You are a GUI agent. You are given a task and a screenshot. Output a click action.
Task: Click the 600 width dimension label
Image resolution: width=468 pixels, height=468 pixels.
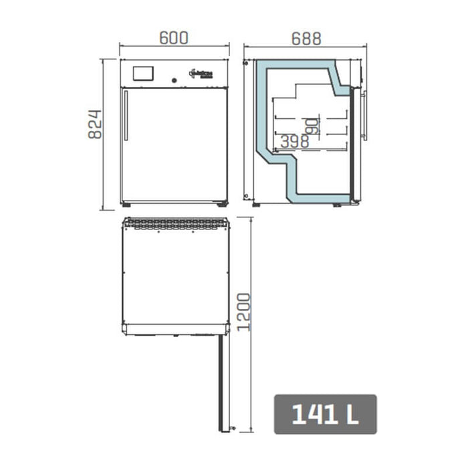(x=173, y=37)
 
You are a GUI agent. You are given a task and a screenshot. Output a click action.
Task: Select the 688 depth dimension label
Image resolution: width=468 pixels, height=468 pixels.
(x=306, y=37)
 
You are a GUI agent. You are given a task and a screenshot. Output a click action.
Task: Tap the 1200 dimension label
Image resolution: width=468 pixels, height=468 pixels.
(x=244, y=312)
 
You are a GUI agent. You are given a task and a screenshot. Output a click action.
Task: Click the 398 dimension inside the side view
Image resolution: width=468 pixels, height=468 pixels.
(x=294, y=141)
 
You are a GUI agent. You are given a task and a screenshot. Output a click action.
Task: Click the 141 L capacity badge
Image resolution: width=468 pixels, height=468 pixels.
(x=325, y=415)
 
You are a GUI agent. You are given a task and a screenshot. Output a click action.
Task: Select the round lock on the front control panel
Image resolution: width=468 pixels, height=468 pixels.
(x=174, y=80)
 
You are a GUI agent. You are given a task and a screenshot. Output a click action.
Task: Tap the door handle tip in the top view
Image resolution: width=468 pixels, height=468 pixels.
(x=233, y=427)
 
